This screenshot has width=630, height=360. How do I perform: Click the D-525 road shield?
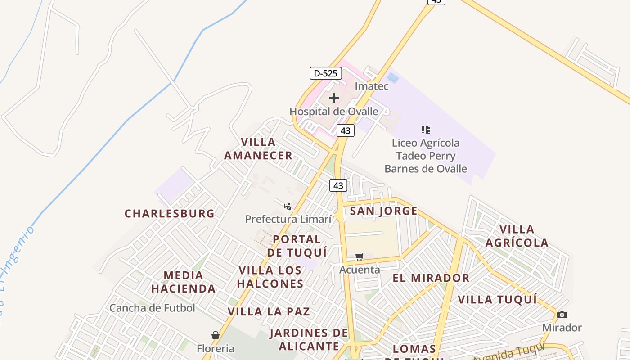[326, 73]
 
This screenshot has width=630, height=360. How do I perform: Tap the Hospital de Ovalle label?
[333, 111]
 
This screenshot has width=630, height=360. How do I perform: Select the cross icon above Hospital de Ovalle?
[333, 98]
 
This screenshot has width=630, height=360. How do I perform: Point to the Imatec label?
[371, 86]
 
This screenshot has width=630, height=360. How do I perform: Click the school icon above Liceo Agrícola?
[425, 130]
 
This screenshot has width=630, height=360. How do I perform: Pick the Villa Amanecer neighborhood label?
[258, 149]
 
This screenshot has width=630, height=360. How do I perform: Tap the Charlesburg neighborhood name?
[170, 213]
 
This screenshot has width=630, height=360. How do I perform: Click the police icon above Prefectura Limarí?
[288, 206]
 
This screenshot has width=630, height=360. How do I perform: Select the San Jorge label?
[383, 211]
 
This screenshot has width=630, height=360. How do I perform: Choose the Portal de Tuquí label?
[297, 246]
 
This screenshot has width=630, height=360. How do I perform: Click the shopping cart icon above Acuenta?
[359, 257]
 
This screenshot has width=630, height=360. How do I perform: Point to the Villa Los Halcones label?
[270, 277]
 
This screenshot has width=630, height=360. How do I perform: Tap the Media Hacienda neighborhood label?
[183, 282]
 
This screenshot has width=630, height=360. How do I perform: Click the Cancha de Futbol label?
[152, 308]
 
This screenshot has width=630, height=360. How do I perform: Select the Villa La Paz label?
[269, 311]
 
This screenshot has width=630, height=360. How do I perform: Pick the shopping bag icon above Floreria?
[216, 335]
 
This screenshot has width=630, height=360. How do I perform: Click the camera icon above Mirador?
[562, 315]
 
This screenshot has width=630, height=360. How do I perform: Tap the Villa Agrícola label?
[517, 236]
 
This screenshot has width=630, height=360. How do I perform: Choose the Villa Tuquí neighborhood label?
[497, 300]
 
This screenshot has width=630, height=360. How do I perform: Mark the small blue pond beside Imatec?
[392, 78]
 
